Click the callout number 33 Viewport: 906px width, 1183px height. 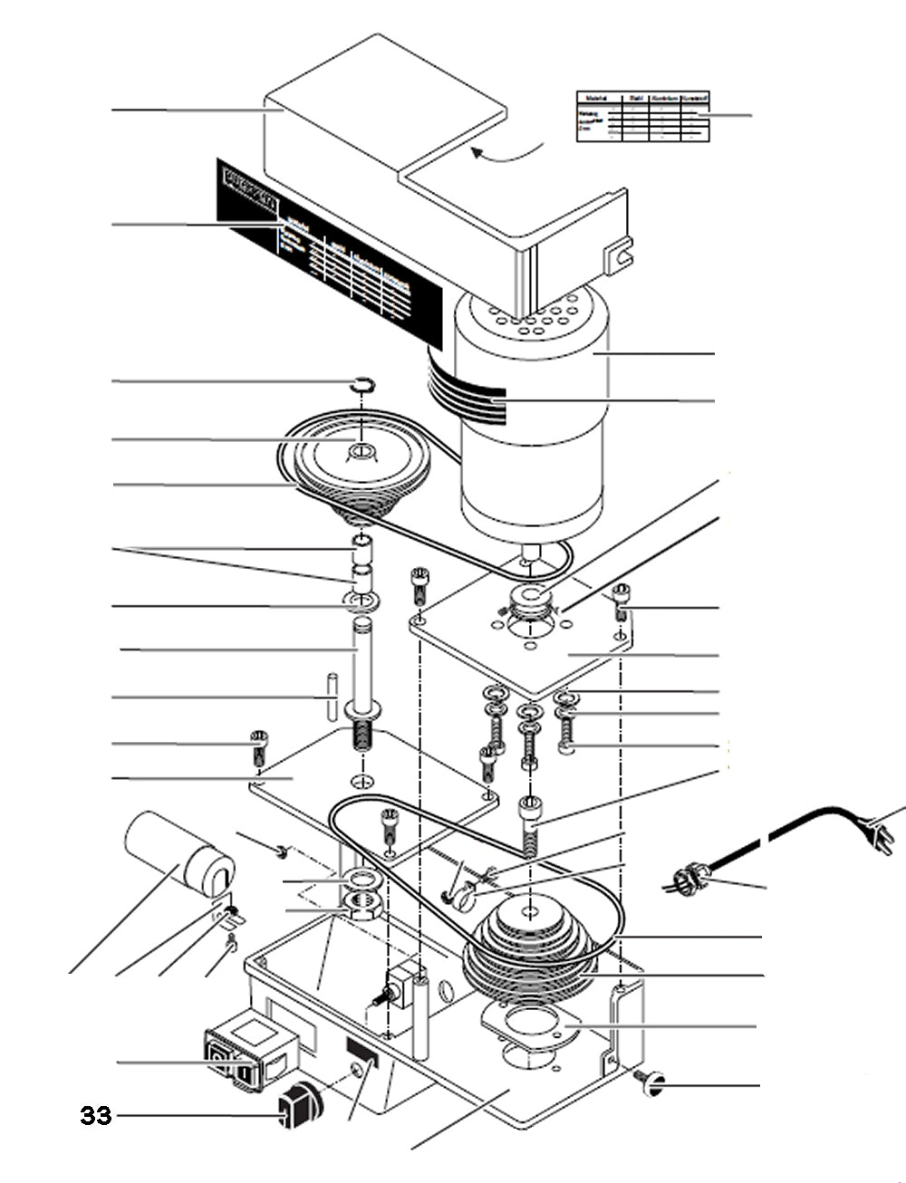point(96,1115)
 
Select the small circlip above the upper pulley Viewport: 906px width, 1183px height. point(362,385)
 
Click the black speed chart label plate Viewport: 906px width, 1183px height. point(326,240)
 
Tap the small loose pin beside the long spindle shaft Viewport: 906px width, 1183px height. point(333,697)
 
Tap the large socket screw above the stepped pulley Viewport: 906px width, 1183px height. point(531,822)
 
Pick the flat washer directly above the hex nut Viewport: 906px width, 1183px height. point(361,878)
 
